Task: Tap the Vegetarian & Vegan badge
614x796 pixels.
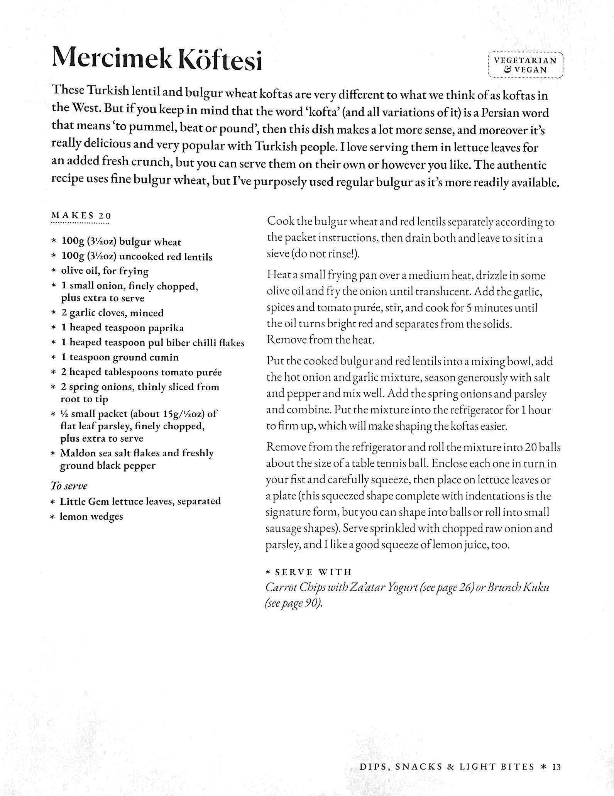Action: [x=525, y=65]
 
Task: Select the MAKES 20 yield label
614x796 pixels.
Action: [x=81, y=215]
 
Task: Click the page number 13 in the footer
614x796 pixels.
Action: [x=556, y=767]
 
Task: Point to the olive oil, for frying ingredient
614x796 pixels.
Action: [x=105, y=271]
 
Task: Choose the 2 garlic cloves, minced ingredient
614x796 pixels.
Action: [x=112, y=313]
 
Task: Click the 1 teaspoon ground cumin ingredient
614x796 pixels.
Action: [x=120, y=357]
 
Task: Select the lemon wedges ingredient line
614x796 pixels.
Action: [x=91, y=517]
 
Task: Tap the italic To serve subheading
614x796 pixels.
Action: [x=69, y=486]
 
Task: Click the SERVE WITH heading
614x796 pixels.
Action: [x=313, y=572]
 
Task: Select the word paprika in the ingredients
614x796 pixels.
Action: [x=168, y=328]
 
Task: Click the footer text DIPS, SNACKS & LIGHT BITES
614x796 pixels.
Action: [x=447, y=767]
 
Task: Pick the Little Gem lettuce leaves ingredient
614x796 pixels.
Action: [x=140, y=501]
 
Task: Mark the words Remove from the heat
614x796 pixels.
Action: [x=320, y=340]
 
